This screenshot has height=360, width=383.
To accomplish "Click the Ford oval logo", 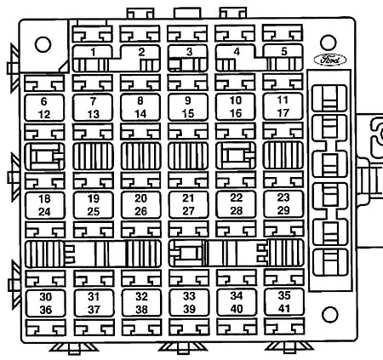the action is pos(330,60).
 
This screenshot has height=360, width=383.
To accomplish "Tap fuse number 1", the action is pos(93,52).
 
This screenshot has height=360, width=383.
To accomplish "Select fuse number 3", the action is pos(189,52).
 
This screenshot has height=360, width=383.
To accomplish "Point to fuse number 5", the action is pos(284,51).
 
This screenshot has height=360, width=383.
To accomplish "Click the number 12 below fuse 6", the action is pos(44,115).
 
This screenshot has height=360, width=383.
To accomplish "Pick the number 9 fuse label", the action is pos(188,100).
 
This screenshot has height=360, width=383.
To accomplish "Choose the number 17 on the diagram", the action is pos(283,113).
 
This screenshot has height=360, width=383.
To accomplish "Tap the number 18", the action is pos(44,199).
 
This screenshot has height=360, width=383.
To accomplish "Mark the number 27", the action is pos(188,211).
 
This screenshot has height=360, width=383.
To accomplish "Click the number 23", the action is pos(283,197).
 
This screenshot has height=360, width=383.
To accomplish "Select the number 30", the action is pos(46,297).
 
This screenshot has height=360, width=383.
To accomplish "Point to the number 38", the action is pos(141,309).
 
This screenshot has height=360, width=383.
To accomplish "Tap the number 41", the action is pos(284,308).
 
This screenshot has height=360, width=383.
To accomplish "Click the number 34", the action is pos(237,296).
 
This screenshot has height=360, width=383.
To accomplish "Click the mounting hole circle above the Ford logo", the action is pos(329,43).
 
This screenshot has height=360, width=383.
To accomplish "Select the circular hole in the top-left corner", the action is pos(43,44).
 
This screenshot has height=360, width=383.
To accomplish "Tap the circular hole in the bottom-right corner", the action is pos(330,315).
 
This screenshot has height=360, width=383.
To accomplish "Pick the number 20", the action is pos(141,198).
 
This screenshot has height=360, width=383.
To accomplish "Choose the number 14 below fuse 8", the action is pos(140,114).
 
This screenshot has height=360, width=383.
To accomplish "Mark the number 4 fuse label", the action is pos(237,52).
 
